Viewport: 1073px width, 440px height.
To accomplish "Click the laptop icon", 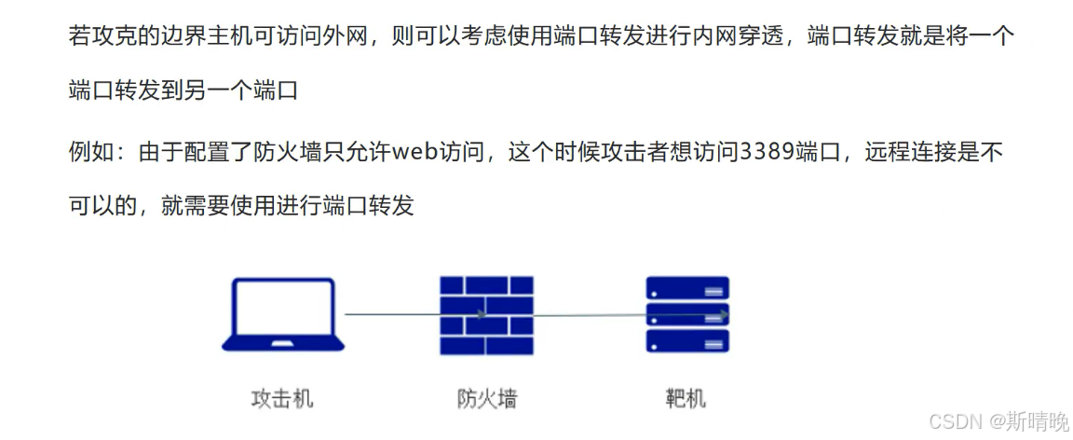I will (x=283, y=314).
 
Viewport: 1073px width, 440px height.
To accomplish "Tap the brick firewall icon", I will (x=487, y=314).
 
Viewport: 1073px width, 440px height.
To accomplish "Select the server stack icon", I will (x=687, y=314).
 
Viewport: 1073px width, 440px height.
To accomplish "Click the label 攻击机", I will (x=282, y=400).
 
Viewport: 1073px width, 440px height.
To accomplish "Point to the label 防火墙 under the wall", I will (x=487, y=400).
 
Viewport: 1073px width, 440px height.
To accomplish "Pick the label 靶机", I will (x=686, y=400).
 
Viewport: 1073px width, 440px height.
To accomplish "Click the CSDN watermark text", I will (x=951, y=422).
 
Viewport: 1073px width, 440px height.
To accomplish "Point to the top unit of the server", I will (x=687, y=287).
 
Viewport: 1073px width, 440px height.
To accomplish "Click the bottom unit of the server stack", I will (x=687, y=341).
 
